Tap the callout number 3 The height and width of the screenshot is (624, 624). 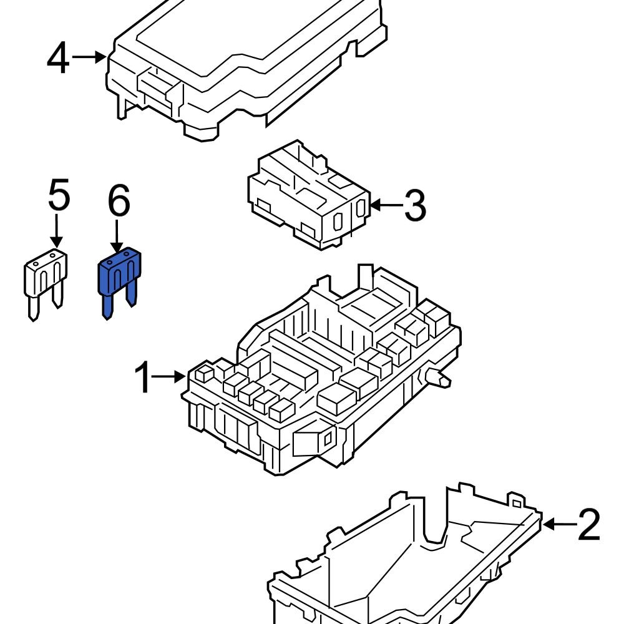click(415, 205)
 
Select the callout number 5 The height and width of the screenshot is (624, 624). click(59, 196)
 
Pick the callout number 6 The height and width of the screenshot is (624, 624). click(119, 201)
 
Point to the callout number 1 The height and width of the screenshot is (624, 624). click(144, 377)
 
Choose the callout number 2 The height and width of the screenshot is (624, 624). click(588, 525)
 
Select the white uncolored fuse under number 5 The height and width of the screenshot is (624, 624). click(46, 275)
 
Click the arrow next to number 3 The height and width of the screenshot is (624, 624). click(386, 205)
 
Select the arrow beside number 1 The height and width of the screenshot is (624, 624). click(169, 376)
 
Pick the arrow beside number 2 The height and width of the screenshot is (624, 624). click(558, 524)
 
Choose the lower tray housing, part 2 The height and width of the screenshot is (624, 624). click(406, 562)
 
